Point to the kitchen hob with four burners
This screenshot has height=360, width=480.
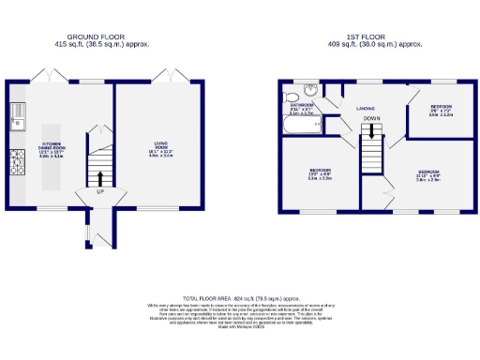pos(16,166)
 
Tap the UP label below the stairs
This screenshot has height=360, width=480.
pos(100,193)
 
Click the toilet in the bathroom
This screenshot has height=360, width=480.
pos(292,96)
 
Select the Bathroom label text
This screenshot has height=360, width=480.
pos(302,106)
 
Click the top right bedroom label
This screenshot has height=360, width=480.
pos(441,110)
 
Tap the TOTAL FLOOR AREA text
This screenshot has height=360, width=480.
pos(239,296)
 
